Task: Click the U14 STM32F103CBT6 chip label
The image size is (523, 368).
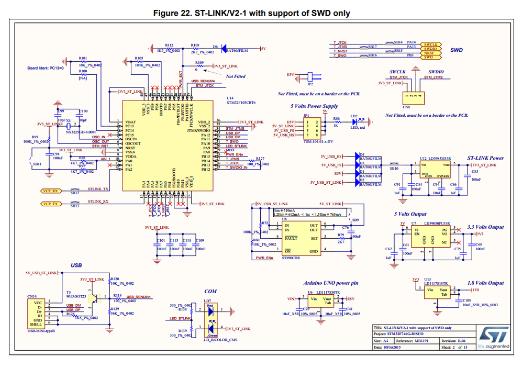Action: click(x=241, y=100)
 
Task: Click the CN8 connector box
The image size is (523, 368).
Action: click(x=411, y=96)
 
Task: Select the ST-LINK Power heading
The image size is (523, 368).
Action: click(x=485, y=158)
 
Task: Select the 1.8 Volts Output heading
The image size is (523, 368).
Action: click(x=485, y=283)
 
